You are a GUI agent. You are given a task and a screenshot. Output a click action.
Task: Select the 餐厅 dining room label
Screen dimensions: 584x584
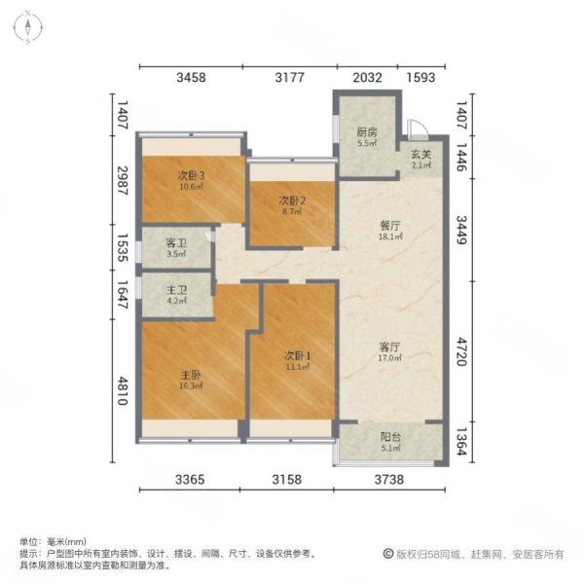coord(391,224)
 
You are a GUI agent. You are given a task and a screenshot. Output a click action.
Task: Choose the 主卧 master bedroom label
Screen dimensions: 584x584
coord(190,375)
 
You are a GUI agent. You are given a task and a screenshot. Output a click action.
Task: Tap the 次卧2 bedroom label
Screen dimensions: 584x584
coord(289,201)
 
